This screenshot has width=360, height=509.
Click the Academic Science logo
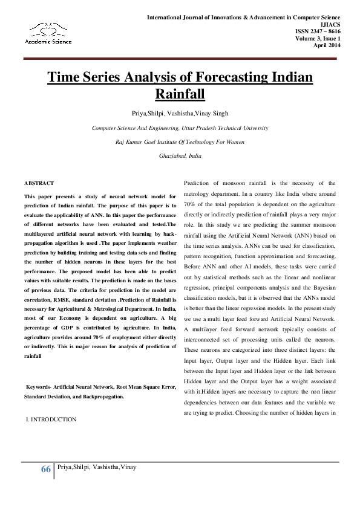(x=48, y=33)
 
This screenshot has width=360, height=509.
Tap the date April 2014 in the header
(x=327, y=45)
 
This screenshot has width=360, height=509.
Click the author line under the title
(x=180, y=113)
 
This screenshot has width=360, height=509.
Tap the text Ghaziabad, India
(x=180, y=155)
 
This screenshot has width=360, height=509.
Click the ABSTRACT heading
(x=39, y=183)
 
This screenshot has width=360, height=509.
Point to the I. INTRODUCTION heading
(x=51, y=419)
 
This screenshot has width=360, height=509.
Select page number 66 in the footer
(x=46, y=470)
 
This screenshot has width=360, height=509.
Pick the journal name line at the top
(x=252, y=17)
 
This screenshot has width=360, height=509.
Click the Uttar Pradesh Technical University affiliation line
(x=180, y=128)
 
